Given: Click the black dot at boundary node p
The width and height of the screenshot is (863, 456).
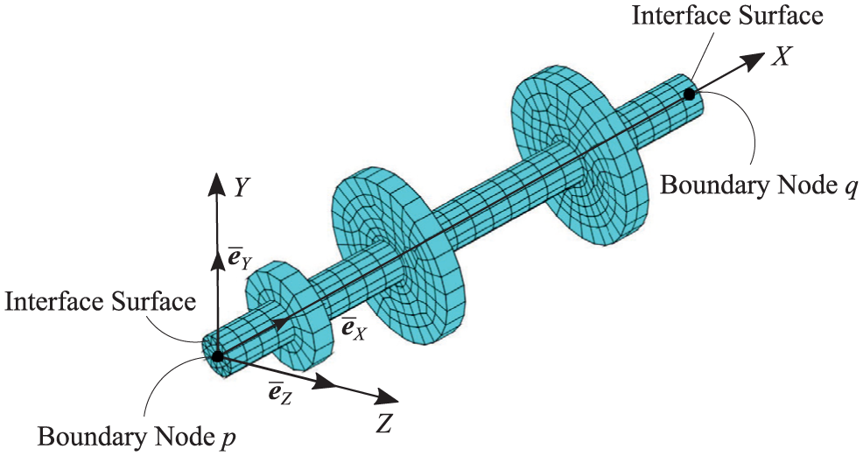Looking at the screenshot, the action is click(x=217, y=356).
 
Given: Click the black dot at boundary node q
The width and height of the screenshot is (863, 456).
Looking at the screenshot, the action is click(x=689, y=95).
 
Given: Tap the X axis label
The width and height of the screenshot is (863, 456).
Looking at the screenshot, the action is click(x=780, y=56).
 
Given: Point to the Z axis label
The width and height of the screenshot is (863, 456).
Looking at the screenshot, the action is click(x=385, y=424).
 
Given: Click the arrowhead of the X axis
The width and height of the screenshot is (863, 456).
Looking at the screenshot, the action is click(x=753, y=60).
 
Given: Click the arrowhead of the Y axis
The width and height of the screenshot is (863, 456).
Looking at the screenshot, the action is click(x=215, y=185).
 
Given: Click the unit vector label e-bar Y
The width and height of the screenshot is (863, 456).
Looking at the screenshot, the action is click(x=240, y=258).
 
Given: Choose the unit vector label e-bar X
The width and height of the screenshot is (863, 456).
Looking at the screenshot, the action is click(x=354, y=329).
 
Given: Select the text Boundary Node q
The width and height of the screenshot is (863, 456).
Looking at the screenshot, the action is click(x=759, y=186).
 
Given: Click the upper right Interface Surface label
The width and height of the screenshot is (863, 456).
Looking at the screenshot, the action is click(x=727, y=15).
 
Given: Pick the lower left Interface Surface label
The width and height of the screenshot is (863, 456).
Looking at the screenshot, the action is click(x=100, y=302).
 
